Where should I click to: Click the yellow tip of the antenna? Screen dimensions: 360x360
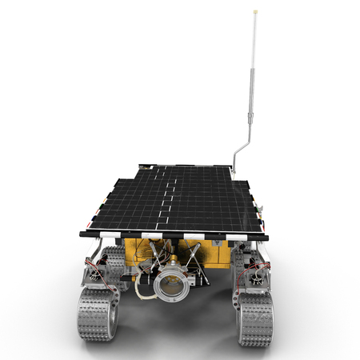pos(255,11)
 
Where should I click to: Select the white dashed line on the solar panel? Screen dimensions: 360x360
pos(168,196)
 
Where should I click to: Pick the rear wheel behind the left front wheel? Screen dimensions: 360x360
pos(116,260)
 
